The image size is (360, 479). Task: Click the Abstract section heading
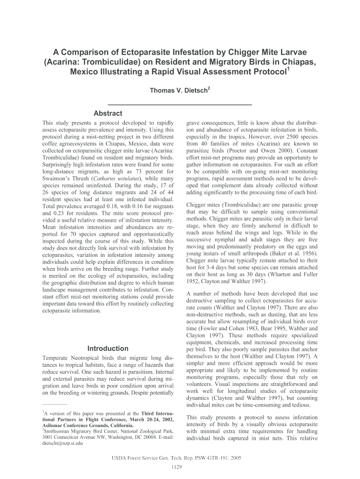click(108, 113)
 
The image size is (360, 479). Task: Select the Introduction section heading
click(108, 348)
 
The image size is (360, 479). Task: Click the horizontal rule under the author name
click(180, 103)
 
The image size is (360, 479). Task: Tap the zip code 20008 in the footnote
click(131, 437)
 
